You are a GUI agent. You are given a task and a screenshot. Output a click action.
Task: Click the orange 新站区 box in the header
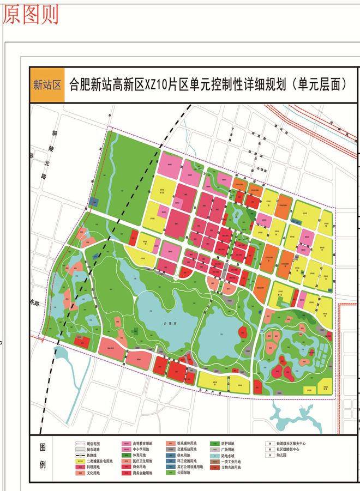point(47,84)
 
